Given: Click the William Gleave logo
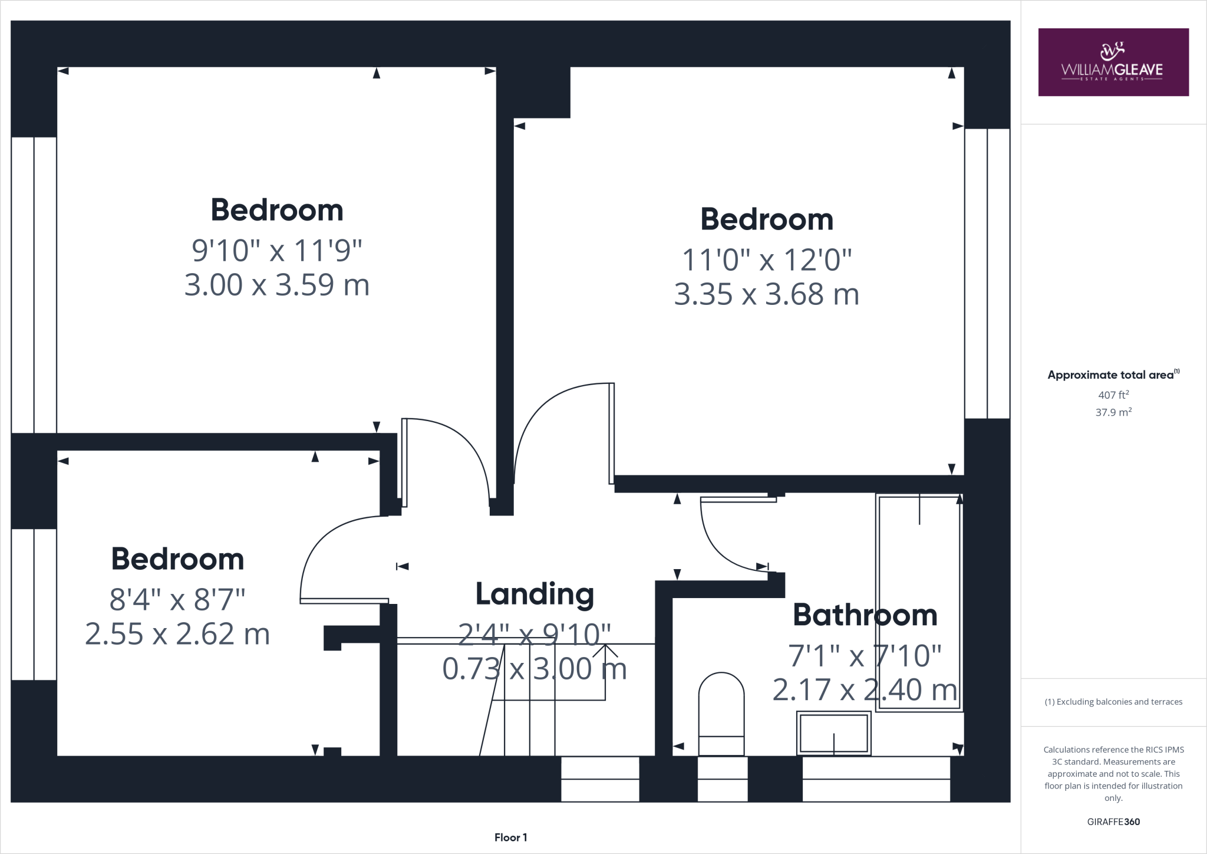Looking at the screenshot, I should coord(1113,62).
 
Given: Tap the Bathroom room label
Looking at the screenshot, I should coord(865,615).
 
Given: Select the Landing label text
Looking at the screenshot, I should coord(535,594).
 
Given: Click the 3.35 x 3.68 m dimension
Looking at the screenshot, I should coord(766,294).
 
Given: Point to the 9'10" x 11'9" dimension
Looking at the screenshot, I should coord(276,251).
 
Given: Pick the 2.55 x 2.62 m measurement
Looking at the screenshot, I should coord(177,635).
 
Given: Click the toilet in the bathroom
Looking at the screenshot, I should coord(721,714).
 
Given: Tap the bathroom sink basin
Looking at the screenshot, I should coord(833,733).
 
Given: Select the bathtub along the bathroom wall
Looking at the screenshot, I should coord(918,602).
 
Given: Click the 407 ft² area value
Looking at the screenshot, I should coord(1113,395).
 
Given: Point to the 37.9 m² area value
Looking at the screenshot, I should coord(1113,412).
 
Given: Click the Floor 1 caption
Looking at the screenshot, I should coord(510,837).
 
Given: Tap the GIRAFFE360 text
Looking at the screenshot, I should coord(1113,822).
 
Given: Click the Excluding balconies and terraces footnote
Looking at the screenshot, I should coord(1113,702).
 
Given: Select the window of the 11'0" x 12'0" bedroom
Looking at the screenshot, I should coord(987,273).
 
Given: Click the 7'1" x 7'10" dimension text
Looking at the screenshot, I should coord(865,656).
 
